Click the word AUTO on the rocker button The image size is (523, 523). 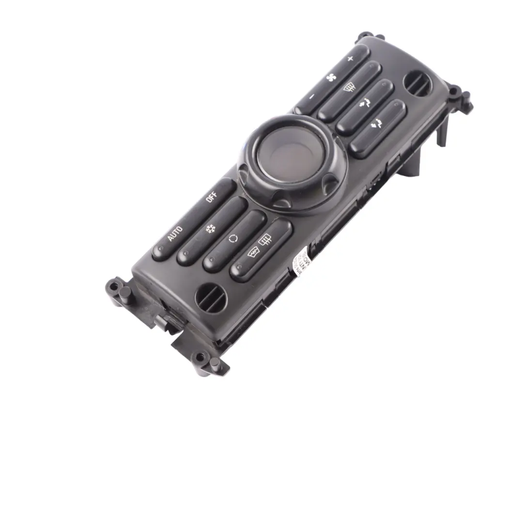coord(175,233)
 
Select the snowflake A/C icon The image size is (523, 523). coord(210,229)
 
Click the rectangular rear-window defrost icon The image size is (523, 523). coord(264,239)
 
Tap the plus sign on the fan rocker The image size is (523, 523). coord(350,59)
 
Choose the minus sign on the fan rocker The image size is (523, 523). coord(311,96)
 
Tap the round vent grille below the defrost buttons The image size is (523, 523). coord(211,297)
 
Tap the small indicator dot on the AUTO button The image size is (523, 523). coord(157,252)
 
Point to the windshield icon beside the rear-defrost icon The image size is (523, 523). coord(253,252)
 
